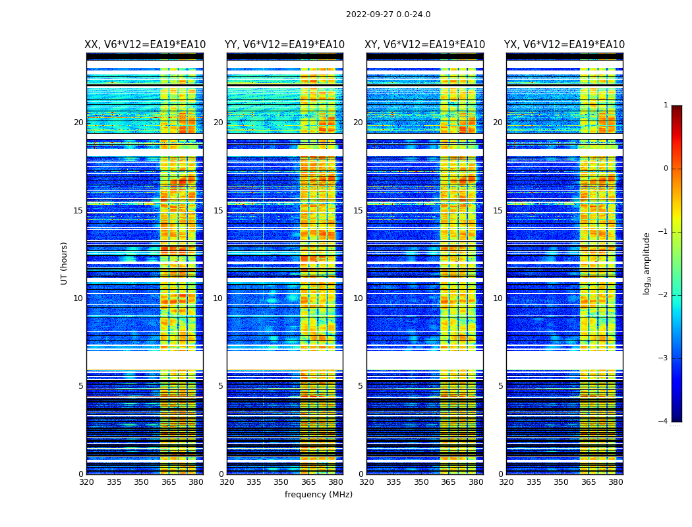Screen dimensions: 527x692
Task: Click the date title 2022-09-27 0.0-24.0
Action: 388,14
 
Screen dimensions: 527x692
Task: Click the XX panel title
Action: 145,45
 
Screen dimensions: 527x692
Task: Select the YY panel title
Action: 285,45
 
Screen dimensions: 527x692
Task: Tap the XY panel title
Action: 425,45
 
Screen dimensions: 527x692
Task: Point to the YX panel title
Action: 564,45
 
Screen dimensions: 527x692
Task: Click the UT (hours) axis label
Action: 65,263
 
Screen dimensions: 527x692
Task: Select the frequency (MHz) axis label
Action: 318,495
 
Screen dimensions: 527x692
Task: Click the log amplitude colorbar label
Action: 647,263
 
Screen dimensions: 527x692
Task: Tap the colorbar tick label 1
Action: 665,105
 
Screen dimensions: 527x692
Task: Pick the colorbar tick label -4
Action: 664,422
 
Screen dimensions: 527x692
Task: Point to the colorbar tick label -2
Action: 664,295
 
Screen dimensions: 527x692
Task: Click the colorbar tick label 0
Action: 665,169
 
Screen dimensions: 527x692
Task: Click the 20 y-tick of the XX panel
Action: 78,123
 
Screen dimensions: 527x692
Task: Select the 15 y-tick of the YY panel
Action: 218,211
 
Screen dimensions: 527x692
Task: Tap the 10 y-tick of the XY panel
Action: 358,298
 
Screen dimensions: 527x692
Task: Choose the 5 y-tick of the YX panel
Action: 500,386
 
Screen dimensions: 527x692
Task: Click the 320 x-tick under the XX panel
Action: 86,482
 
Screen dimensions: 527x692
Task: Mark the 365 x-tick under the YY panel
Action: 308,482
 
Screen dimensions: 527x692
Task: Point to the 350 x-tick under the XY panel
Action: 421,482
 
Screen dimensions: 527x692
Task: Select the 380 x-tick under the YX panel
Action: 616,482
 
